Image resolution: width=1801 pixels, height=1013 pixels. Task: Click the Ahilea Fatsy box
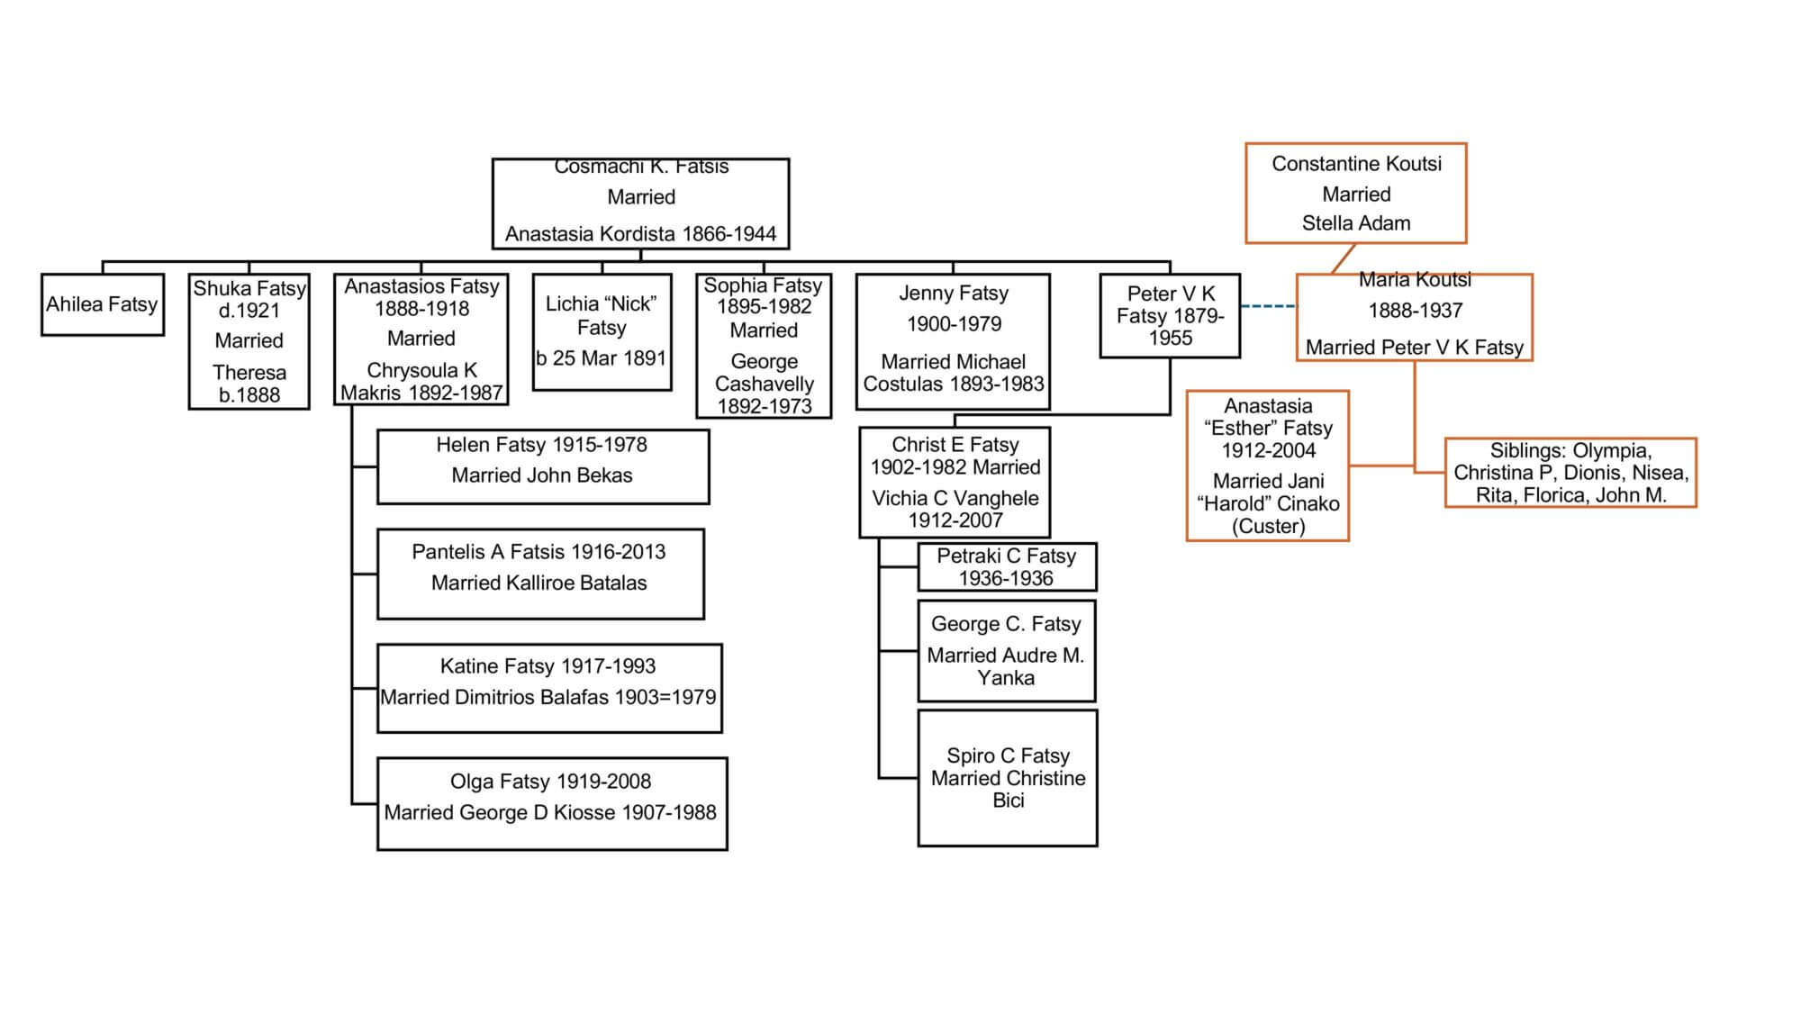pos(103,304)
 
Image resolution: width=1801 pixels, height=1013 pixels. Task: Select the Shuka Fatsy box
pos(249,341)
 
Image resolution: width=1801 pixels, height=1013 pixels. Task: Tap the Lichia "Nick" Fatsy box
pos(602,331)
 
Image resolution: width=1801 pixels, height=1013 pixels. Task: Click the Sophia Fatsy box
pos(764,346)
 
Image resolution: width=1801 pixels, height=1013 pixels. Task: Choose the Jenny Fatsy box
pos(953,341)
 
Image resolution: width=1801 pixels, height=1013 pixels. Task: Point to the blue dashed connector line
pos(1268,307)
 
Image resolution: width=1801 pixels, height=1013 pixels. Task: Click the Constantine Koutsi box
pos(1356,193)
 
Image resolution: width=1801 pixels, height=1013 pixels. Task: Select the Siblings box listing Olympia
pos(1570,473)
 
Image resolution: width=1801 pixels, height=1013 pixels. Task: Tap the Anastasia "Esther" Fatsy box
pos(1268,466)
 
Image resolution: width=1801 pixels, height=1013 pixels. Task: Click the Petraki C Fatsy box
pos(1007,567)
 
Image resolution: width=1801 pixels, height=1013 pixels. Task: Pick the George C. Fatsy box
pos(1007,651)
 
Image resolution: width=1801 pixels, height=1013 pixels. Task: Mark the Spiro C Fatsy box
pos(1008,778)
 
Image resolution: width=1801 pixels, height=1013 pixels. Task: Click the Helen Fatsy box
pos(542,466)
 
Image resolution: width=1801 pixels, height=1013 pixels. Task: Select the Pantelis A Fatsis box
pos(539,574)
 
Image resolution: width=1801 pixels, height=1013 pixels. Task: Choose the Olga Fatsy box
pos(551,804)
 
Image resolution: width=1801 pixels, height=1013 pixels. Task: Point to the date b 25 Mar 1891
pos(602,358)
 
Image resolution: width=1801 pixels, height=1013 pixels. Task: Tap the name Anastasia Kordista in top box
pos(590,234)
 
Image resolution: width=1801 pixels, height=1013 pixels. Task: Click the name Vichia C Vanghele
pos(955,498)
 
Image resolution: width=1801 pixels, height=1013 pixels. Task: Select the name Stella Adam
pos(1356,223)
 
